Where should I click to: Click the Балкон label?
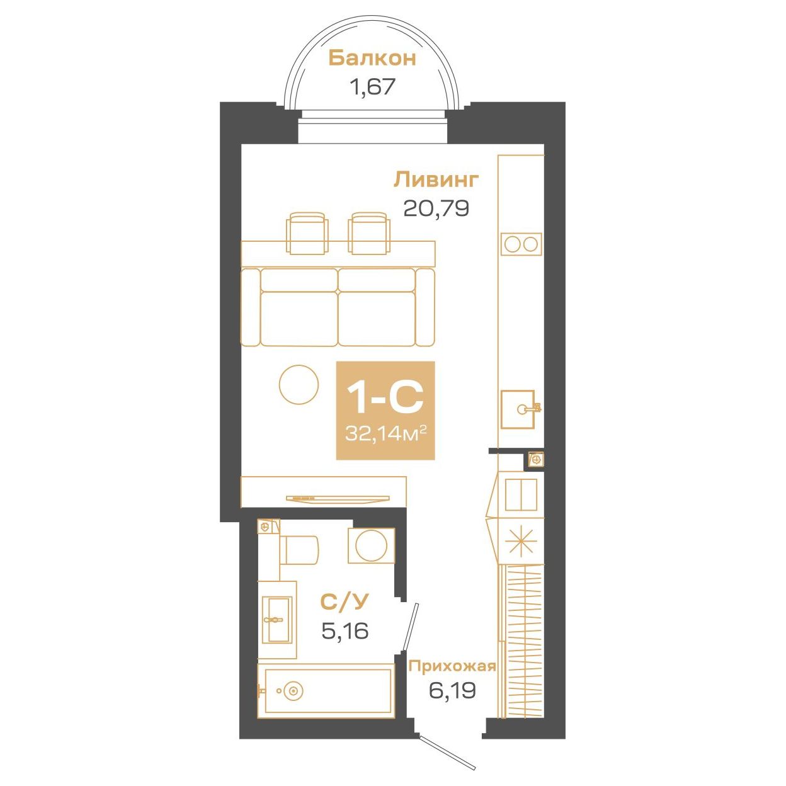click(x=372, y=58)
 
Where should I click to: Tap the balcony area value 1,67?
click(x=372, y=87)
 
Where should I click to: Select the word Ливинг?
click(x=436, y=180)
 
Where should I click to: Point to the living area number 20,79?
click(x=436, y=208)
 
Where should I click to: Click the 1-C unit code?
click(x=385, y=397)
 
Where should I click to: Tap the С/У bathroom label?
click(x=345, y=601)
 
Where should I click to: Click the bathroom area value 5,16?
click(x=345, y=630)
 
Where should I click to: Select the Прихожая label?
click(x=452, y=666)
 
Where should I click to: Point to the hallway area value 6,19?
click(x=452, y=690)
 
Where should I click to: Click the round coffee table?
click(x=299, y=385)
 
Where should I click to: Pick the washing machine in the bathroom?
click(x=371, y=546)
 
